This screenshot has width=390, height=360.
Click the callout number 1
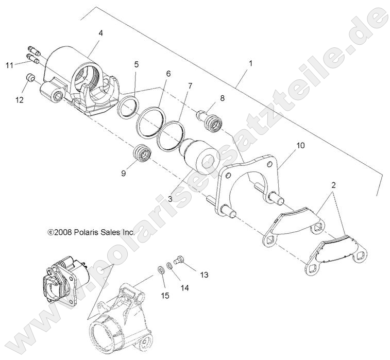tap(250, 63)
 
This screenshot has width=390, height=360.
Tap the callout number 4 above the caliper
tap(100, 33)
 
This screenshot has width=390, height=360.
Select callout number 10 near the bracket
tap(300, 146)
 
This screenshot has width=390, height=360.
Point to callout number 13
tap(204, 275)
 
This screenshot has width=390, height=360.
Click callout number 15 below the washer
tap(165, 295)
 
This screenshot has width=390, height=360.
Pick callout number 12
tap(20, 100)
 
